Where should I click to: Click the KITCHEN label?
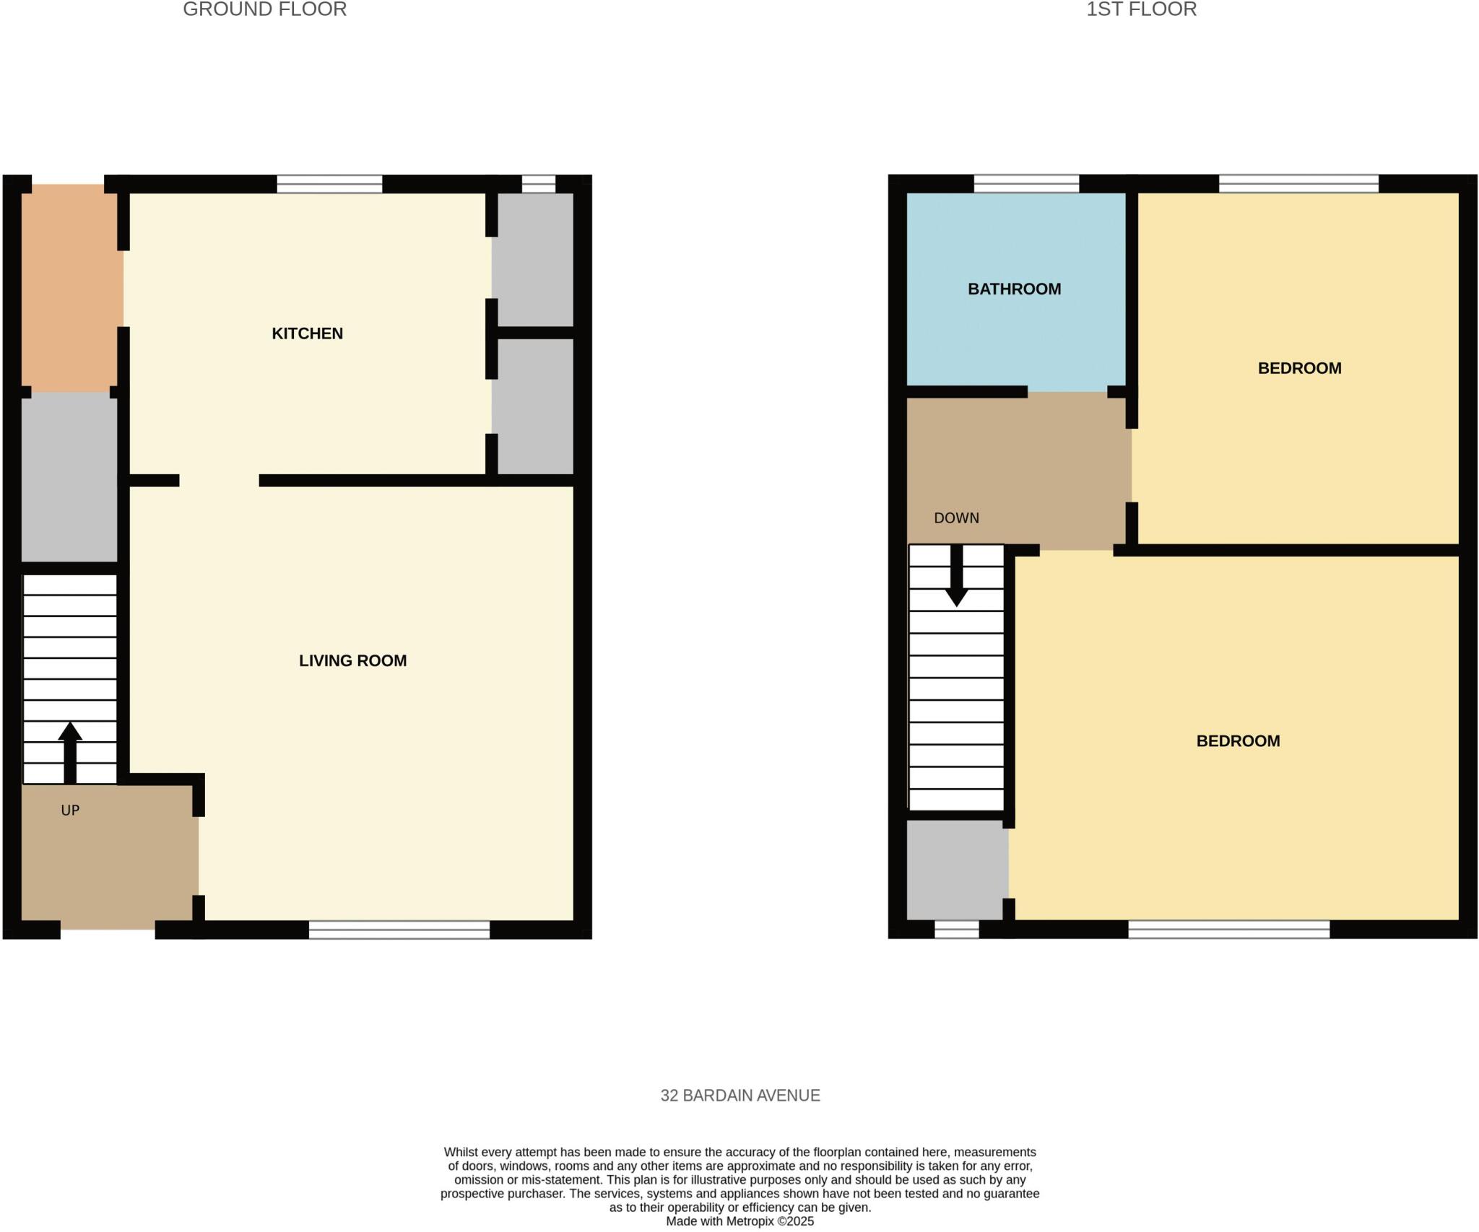(307, 333)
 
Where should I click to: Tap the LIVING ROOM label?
(352, 660)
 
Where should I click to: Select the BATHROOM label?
(1014, 289)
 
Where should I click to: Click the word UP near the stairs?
(70, 811)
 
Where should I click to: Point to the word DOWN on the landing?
(956, 518)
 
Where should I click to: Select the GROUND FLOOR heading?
(264, 9)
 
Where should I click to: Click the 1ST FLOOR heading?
(1141, 9)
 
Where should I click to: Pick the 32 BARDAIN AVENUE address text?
(739, 1096)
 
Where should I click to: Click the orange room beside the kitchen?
(70, 287)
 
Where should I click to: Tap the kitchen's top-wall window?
(329, 184)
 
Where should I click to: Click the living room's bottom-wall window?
(399, 930)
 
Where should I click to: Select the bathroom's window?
(1026, 184)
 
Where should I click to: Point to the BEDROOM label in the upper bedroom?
(1299, 368)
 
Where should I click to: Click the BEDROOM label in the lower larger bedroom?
(1238, 741)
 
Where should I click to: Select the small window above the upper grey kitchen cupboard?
(539, 184)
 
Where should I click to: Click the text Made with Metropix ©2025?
(739, 1221)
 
